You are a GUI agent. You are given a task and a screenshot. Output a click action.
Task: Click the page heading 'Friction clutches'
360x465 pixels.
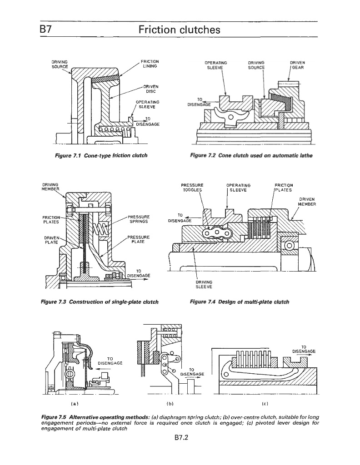(180, 30)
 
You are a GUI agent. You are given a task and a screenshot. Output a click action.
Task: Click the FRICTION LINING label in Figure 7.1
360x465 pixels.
(149, 64)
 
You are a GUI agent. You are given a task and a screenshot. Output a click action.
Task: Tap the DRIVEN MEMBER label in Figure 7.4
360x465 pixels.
(306, 202)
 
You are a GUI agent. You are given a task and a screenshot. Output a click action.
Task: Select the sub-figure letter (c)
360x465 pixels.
(265, 402)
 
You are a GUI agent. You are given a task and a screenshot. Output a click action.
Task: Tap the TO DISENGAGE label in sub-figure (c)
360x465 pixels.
(304, 348)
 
